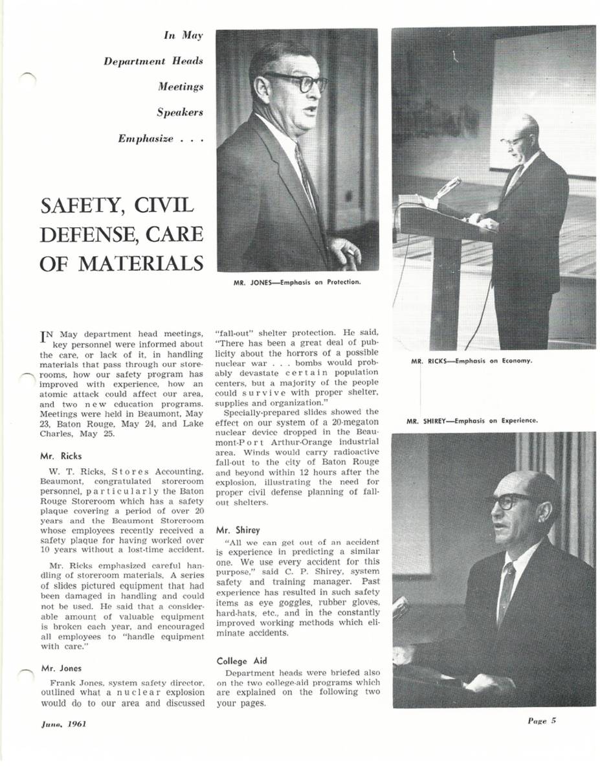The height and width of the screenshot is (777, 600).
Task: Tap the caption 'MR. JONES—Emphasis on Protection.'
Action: click(x=297, y=282)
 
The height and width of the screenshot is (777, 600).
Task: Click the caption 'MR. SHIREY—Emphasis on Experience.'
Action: click(x=472, y=421)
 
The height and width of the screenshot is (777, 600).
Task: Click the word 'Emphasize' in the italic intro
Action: click(x=145, y=139)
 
